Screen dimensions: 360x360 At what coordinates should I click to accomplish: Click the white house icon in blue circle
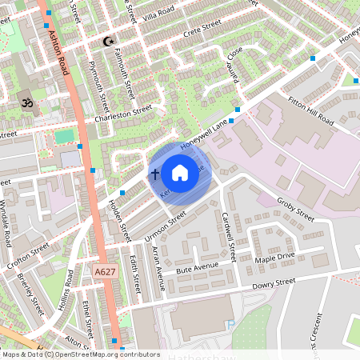[180, 172]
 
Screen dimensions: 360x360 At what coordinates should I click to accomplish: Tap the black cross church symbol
[154, 173]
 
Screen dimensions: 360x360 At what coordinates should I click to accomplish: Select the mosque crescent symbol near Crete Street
[110, 41]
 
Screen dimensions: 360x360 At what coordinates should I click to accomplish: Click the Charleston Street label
[122, 112]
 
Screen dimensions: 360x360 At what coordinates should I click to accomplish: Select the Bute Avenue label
[196, 270]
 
